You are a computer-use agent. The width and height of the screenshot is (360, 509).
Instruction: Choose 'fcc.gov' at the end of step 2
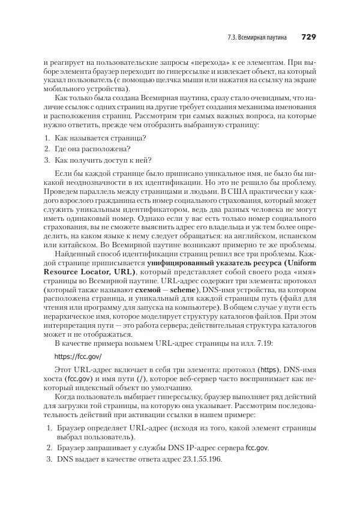tap(257, 448)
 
